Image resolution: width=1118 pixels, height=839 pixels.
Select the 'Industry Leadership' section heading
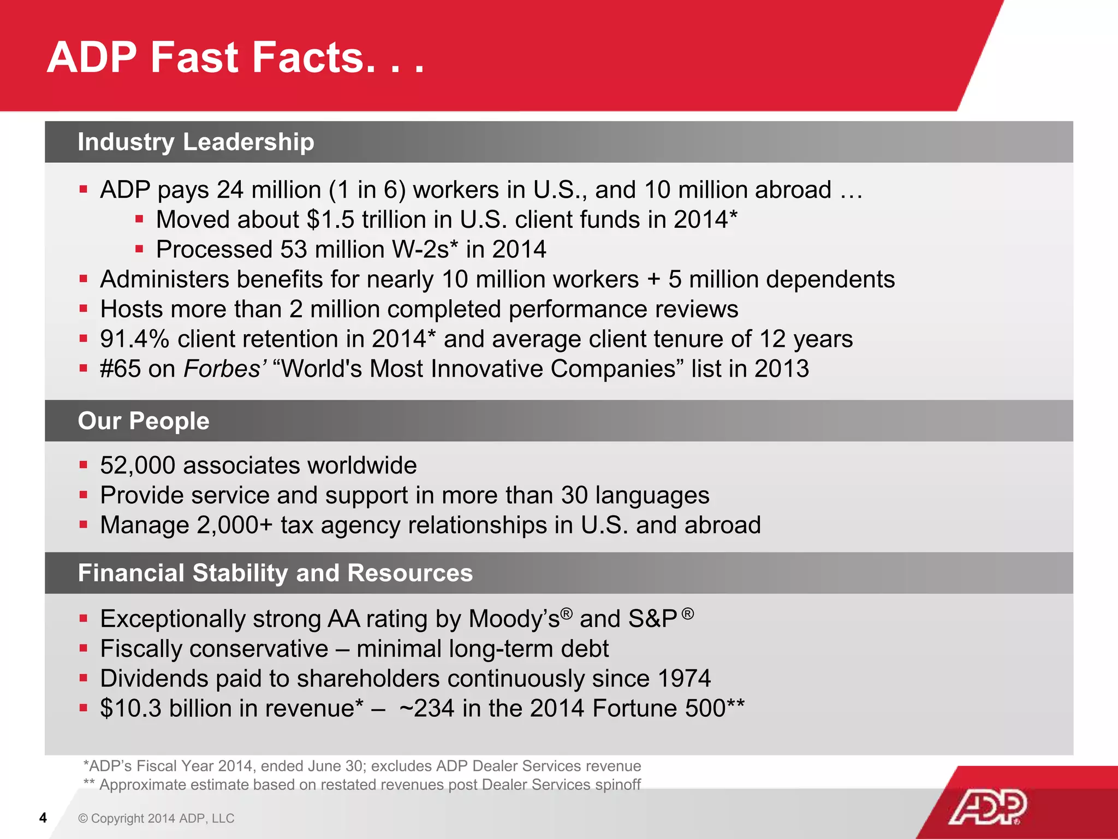196,142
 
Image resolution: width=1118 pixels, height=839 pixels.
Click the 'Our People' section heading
144,421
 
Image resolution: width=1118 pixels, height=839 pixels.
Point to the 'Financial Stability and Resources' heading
275,573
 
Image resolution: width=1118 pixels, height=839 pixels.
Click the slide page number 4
43,818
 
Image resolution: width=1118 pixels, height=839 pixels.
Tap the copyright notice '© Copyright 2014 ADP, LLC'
156,818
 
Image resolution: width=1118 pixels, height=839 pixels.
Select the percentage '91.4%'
135,339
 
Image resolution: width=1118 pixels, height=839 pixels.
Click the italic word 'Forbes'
223,369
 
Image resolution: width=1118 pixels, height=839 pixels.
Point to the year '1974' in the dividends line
684,678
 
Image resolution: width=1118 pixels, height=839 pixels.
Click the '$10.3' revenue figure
131,708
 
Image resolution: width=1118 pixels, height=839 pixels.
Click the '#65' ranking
120,369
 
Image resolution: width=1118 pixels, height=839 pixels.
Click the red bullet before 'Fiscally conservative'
84,648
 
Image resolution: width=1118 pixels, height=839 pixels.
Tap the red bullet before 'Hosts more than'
84,309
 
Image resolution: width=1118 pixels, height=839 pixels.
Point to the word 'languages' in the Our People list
652,495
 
